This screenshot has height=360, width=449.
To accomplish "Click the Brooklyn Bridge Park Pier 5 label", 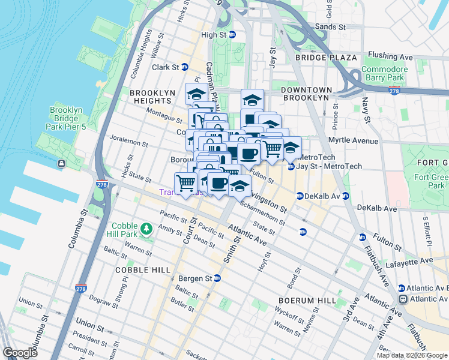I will pyautogui.click(x=66, y=119).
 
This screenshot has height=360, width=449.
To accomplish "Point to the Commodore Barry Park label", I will pyautogui.click(x=385, y=73).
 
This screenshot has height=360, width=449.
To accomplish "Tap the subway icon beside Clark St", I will pyautogui.click(x=185, y=67).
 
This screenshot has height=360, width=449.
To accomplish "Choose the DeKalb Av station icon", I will pyautogui.click(x=300, y=196).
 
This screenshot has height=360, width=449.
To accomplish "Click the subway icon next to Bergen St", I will pyautogui.click(x=217, y=278).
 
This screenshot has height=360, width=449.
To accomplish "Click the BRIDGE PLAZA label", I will pyautogui.click(x=327, y=58).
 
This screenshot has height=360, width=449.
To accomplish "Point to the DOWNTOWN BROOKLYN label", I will pyautogui.click(x=306, y=93).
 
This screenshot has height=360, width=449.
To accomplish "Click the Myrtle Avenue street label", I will pyautogui.click(x=353, y=141).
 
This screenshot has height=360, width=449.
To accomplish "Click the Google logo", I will pyautogui.click(x=20, y=353).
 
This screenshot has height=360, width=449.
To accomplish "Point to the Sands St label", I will pyautogui.click(x=331, y=27).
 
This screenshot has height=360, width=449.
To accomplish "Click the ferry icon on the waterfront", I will pyautogui.click(x=62, y=164).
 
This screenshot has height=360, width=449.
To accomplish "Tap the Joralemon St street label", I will pyautogui.click(x=128, y=142).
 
